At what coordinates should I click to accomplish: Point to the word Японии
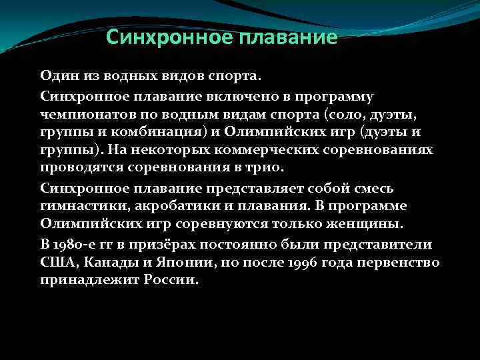175,262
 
